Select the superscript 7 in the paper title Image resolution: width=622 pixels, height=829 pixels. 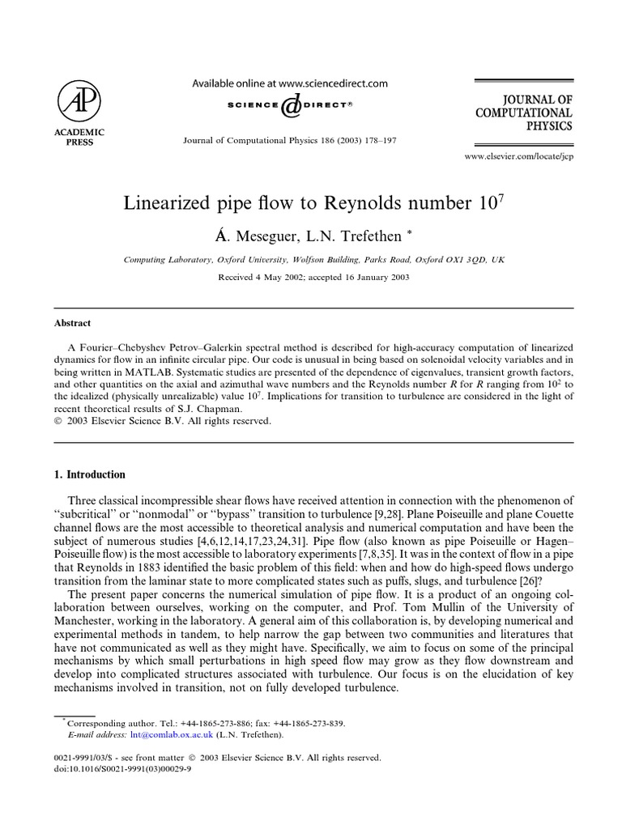[501, 196]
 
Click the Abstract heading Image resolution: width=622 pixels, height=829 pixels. [73, 321]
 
